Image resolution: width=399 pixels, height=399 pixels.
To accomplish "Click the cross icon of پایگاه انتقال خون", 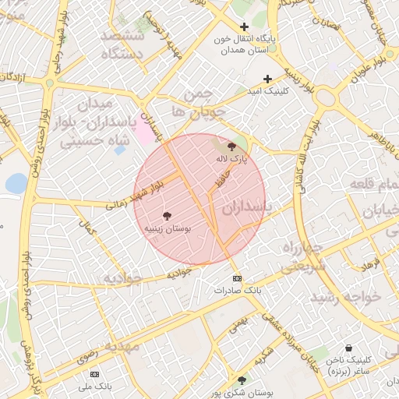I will point(244,27).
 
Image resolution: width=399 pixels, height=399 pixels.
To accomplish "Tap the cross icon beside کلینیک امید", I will point(268,79).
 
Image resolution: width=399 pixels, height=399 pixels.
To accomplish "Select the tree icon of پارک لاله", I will point(231,146).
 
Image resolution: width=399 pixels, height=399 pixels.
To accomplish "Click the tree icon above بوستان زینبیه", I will point(167,215).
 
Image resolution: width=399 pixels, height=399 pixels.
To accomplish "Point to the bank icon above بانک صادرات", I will point(237,278).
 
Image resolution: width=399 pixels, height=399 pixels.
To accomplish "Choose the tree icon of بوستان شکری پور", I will point(242,380).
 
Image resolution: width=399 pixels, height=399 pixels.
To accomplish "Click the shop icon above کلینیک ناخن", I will point(347,348).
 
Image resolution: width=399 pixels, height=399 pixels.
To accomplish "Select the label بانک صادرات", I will point(237,290).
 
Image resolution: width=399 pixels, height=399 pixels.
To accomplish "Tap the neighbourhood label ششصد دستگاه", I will point(127,45).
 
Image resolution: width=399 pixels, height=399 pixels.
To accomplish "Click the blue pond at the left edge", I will point(16,183).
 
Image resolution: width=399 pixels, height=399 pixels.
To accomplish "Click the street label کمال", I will point(87,228).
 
